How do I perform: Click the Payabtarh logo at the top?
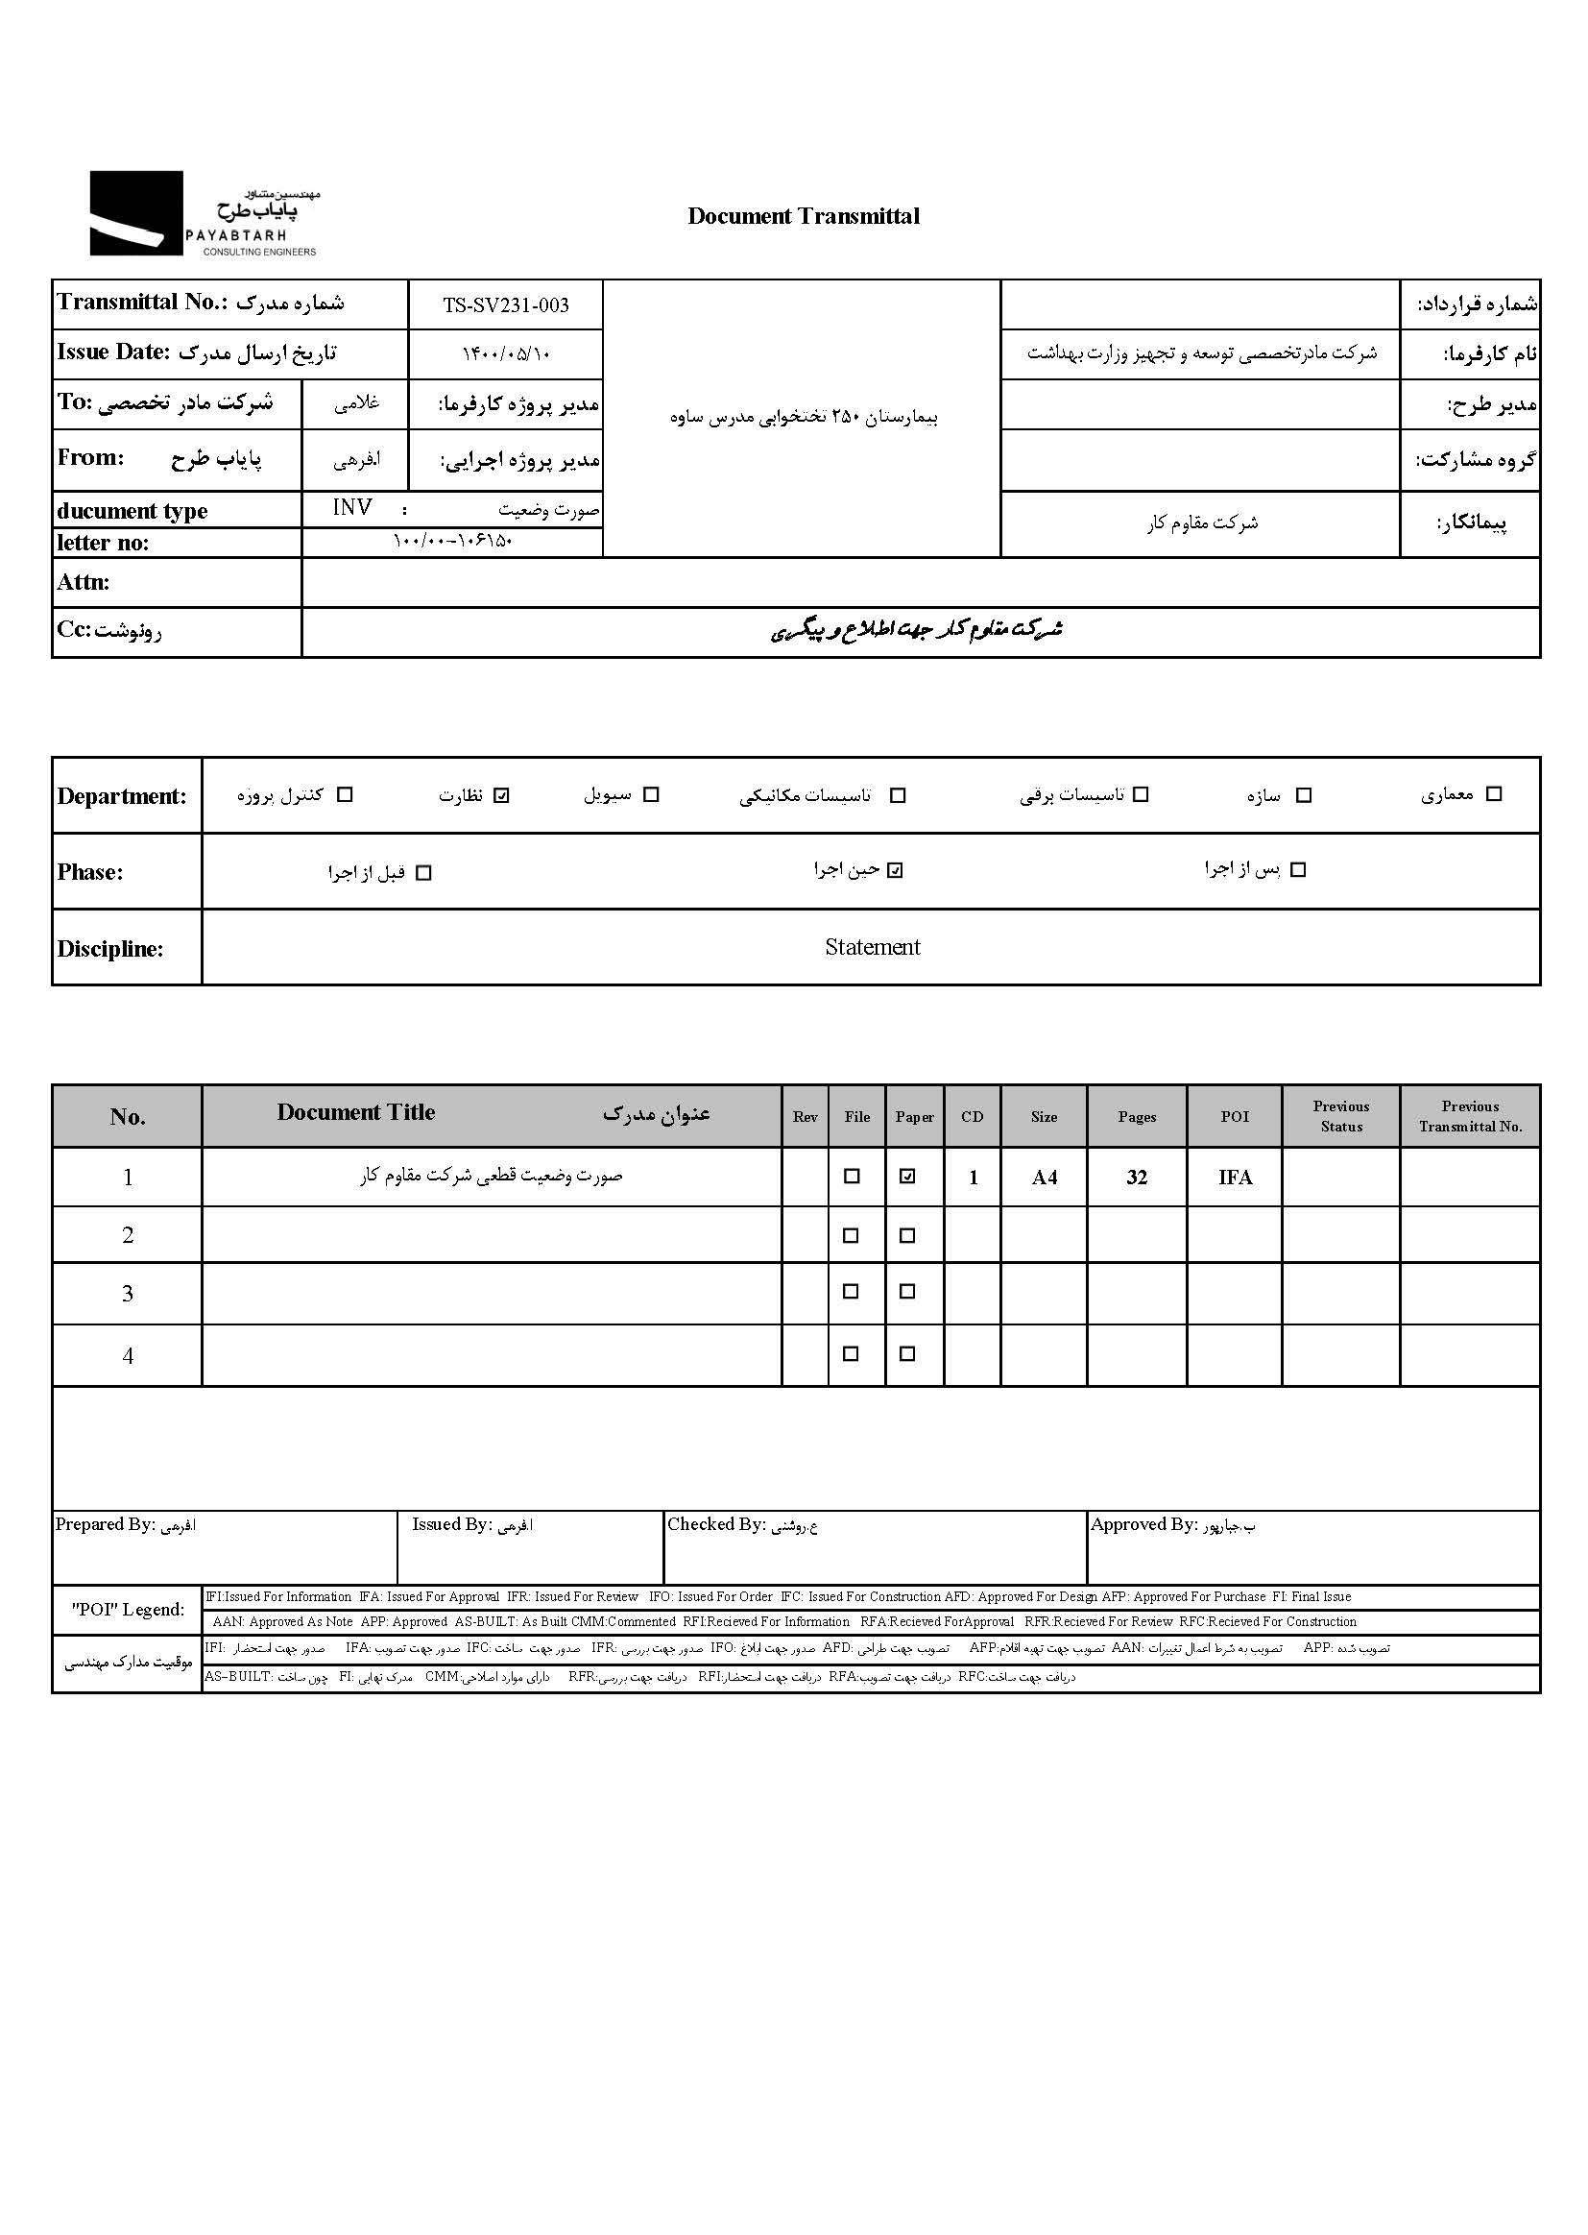[204, 213]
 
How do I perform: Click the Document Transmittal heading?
[803, 216]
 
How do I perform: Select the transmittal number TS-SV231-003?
[506, 305]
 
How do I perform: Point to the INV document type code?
[352, 507]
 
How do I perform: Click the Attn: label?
[84, 583]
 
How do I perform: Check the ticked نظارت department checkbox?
[501, 795]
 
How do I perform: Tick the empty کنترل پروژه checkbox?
[345, 795]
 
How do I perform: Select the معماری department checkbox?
[1493, 794]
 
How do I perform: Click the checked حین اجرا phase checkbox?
[895, 870]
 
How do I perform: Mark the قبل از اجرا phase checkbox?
[423, 872]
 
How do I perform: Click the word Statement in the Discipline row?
[872, 947]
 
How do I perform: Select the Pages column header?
[1136, 1117]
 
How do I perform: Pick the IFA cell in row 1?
[1235, 1178]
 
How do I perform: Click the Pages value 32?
[1136, 1178]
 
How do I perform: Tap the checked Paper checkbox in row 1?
[907, 1177]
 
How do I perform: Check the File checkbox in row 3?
[851, 1292]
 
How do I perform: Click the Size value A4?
[1045, 1178]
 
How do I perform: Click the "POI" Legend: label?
[127, 1609]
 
